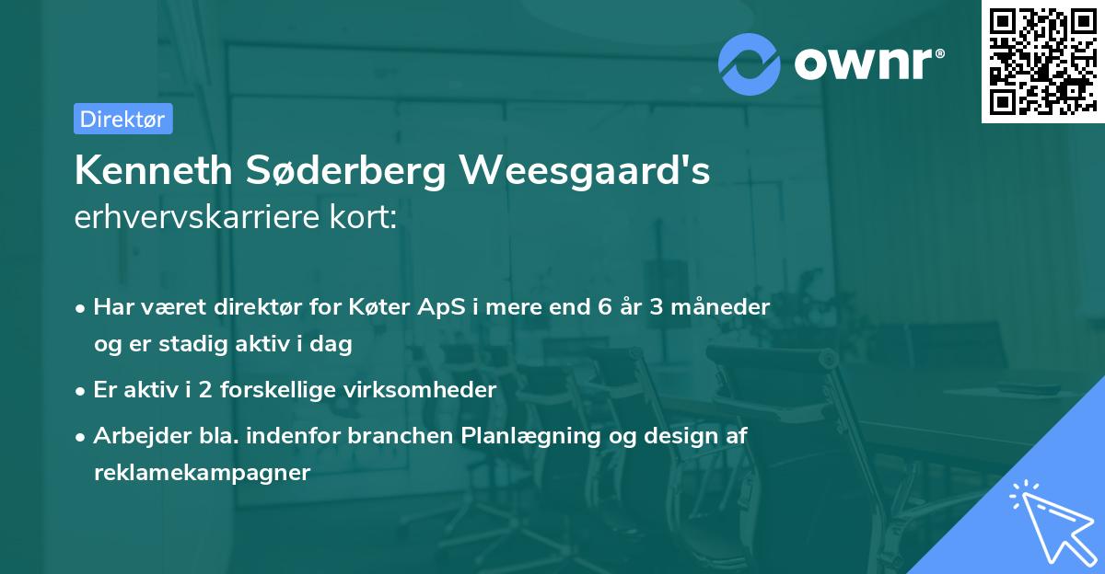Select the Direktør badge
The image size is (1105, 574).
tap(122, 119)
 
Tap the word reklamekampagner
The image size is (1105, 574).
tap(202, 473)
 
